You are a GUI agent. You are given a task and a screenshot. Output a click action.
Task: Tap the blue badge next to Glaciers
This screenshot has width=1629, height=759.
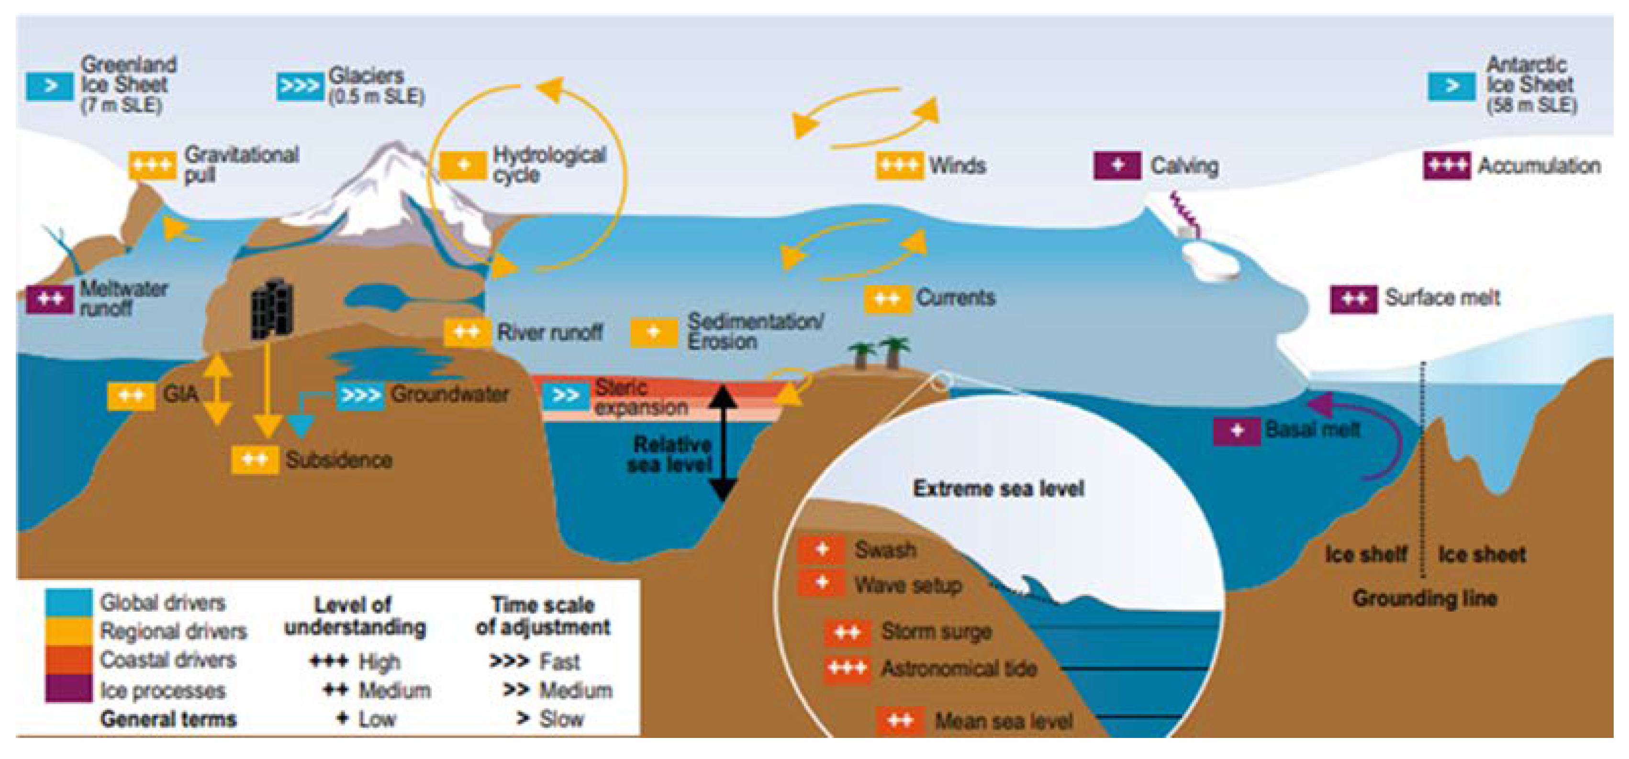pyautogui.click(x=299, y=86)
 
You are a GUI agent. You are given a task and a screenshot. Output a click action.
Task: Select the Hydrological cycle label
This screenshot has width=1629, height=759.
pyautogui.click(x=549, y=165)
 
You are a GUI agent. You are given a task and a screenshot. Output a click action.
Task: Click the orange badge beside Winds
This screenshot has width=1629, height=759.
pyautogui.click(x=899, y=166)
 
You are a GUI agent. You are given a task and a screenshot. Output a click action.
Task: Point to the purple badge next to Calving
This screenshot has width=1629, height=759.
pyautogui.click(x=1117, y=166)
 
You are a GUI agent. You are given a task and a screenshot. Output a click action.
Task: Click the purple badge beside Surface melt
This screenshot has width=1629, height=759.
pyautogui.click(x=1353, y=299)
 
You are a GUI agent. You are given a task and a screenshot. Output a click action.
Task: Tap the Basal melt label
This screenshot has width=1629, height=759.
pyautogui.click(x=1312, y=430)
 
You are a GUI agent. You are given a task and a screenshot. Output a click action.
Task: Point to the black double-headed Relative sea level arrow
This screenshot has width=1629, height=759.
pyautogui.click(x=722, y=443)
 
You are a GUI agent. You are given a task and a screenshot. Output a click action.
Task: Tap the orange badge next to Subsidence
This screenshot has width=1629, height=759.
pyautogui.click(x=255, y=460)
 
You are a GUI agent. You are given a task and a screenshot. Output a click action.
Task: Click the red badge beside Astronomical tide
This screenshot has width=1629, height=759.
pyautogui.click(x=847, y=669)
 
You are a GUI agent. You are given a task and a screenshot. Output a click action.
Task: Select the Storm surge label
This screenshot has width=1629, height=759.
pyautogui.click(x=936, y=631)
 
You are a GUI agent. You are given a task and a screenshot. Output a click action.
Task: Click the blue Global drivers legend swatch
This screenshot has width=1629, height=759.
pyautogui.click(x=68, y=602)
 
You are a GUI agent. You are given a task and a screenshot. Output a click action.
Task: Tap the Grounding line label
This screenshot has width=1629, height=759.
pyautogui.click(x=1425, y=598)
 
